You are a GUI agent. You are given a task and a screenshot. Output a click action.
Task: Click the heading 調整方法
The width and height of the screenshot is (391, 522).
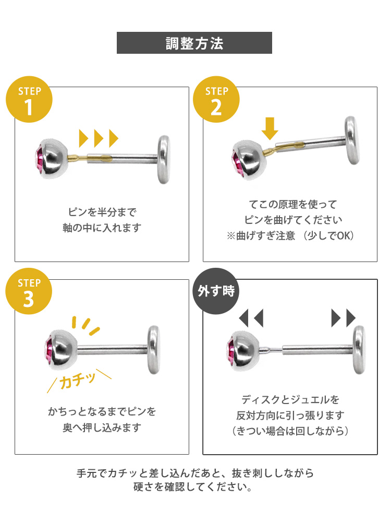tap(194, 43)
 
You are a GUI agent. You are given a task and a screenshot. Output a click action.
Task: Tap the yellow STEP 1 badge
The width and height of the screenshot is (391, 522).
tap(29, 99)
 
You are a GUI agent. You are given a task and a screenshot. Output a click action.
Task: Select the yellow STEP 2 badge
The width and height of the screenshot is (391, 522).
tap(216, 99)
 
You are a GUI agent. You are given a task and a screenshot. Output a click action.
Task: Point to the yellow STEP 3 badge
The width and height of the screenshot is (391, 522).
tap(29, 291)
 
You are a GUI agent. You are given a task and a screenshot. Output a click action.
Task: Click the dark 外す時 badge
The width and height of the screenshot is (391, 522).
tap(216, 291)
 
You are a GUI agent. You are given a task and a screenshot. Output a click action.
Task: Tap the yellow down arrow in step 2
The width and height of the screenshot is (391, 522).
tap(270, 128)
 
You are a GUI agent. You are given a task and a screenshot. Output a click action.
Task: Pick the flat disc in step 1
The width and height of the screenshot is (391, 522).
tap(164, 159)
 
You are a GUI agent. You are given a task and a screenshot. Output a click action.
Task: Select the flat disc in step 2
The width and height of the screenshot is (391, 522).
tap(352, 140)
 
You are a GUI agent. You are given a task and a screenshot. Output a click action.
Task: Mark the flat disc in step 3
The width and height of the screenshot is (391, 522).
tap(154, 350)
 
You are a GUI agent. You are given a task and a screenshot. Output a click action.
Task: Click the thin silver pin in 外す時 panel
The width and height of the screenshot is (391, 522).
tap(271, 350)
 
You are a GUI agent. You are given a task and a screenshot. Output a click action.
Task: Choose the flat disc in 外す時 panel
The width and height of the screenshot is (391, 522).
tap(359, 350)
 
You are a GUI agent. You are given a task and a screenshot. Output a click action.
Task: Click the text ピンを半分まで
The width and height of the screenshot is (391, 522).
tap(102, 212)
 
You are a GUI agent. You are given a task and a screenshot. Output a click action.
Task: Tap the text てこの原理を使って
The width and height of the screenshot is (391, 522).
tap(293, 204)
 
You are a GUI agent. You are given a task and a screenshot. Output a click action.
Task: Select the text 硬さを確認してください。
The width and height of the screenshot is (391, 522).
tap(192, 487)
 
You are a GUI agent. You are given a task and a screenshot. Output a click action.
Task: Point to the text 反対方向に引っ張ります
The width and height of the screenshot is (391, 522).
tap(290, 416)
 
